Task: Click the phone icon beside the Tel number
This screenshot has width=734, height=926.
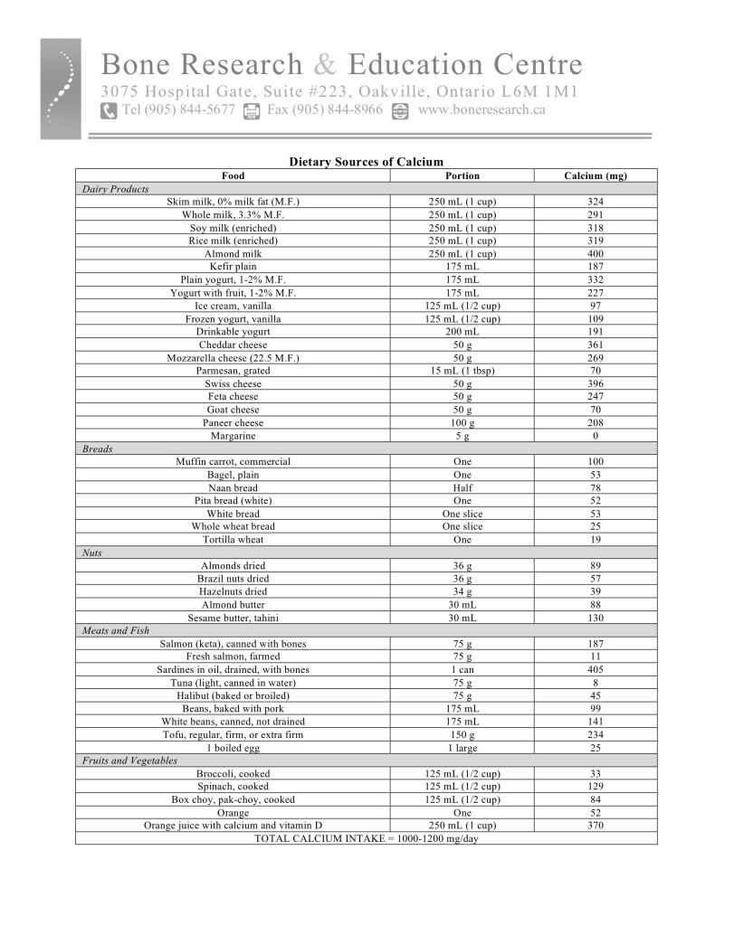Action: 109,110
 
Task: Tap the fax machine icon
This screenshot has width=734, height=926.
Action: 253,110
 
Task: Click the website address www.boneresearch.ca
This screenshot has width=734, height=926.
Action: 481,110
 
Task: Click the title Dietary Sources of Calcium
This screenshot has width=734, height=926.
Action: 366,162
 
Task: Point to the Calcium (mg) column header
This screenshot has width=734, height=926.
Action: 595,175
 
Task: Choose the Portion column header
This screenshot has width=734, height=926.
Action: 462,175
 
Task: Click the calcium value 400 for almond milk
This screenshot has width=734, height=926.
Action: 595,254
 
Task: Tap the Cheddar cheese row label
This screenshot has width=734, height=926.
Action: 233,345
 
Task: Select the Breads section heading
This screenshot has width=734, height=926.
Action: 97,449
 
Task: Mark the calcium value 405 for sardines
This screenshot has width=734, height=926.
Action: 595,669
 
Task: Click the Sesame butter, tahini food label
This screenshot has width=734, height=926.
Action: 233,618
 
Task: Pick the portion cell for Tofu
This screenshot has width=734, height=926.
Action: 462,735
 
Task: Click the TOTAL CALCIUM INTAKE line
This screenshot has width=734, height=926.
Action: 366,838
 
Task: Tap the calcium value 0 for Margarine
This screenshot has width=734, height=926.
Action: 595,436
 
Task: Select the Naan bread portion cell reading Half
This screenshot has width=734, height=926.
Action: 462,487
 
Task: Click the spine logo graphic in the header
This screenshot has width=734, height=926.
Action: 60,89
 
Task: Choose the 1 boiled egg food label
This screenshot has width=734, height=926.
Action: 233,748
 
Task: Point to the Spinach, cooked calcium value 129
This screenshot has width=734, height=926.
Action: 595,787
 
